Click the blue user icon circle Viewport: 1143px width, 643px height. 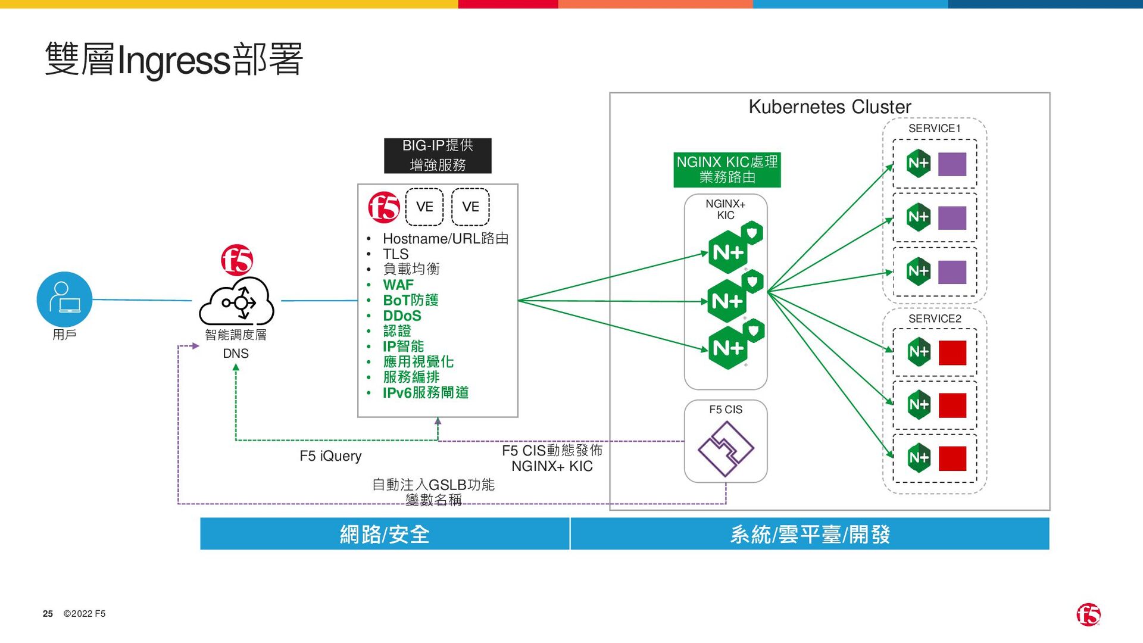pos(64,299)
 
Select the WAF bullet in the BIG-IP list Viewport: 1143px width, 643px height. pos(398,285)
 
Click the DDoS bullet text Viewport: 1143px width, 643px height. pos(402,316)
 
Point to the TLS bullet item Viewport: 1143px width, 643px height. pos(395,254)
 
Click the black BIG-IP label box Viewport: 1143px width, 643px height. pos(438,155)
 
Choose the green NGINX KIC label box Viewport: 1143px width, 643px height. pos(727,170)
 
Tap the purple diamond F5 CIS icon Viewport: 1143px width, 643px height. pos(726,449)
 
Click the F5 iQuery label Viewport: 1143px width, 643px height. pos(330,456)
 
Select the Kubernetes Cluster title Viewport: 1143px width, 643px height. pos(829,107)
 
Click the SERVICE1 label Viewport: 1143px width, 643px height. pos(934,129)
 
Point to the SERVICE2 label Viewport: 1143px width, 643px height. pos(935,319)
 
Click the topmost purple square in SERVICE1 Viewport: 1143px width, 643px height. pos(952,164)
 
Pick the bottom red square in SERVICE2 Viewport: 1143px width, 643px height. pos(952,458)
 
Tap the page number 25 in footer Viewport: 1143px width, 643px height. pos(48,614)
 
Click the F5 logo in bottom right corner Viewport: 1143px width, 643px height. pos(1088,614)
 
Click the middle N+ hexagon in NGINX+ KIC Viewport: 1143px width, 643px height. pos(727,301)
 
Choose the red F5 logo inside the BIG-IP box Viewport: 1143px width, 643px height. pos(384,207)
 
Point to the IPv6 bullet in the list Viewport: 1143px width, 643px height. pos(425,393)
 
